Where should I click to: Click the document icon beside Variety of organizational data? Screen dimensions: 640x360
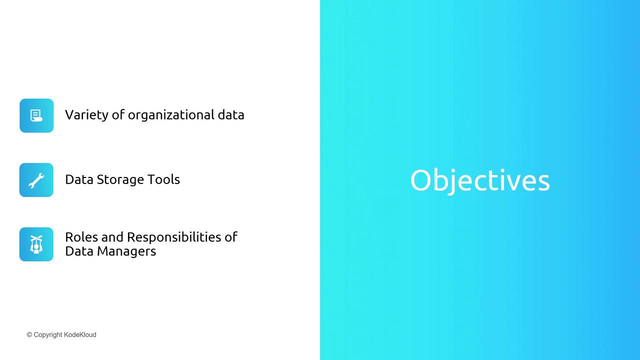click(x=36, y=115)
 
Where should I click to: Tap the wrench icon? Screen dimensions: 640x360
click(x=36, y=180)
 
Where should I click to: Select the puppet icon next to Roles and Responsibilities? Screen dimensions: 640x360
click(x=36, y=244)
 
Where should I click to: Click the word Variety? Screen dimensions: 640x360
click(x=86, y=115)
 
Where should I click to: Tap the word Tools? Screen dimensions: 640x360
click(x=163, y=179)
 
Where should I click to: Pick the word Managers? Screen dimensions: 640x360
click(x=126, y=251)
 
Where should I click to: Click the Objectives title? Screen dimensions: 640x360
click(x=480, y=181)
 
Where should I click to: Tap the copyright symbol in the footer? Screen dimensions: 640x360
click(x=29, y=334)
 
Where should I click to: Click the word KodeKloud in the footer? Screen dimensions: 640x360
click(x=80, y=334)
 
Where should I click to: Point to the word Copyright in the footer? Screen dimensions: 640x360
click(x=47, y=335)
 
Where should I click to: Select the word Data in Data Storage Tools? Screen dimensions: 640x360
click(x=79, y=179)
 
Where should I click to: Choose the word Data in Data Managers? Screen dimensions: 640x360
click(x=79, y=251)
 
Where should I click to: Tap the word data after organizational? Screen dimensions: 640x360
click(x=231, y=115)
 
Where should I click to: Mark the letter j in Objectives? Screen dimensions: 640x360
click(x=452, y=181)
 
